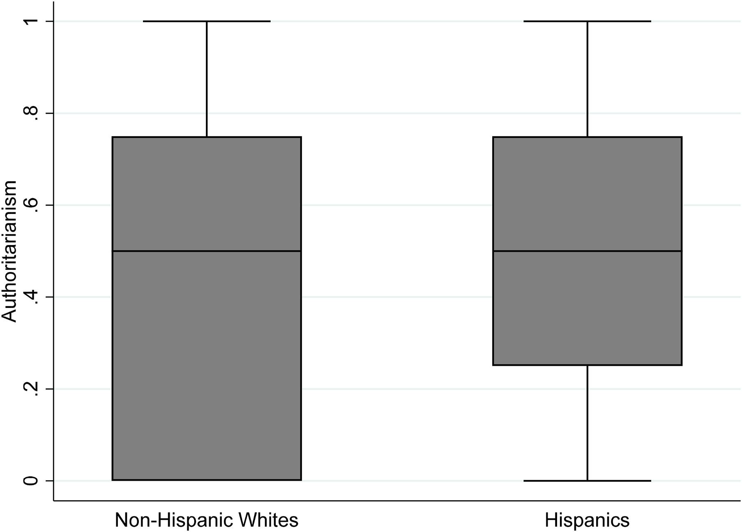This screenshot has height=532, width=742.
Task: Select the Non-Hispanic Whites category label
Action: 206,520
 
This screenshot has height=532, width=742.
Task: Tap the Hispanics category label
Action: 587,520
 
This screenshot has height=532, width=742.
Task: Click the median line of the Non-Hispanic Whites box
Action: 207,251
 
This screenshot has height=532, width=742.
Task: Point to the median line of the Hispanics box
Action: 587,251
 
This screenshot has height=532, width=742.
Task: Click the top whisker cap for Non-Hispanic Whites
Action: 207,21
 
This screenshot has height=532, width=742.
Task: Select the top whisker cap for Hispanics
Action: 587,21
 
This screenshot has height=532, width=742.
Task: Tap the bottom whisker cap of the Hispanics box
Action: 587,480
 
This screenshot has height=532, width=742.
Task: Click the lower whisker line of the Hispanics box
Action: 587,423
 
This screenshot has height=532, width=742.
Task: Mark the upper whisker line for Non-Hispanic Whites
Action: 207,78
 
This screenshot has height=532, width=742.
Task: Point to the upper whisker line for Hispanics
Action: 587,78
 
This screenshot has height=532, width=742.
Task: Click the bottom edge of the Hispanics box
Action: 587,365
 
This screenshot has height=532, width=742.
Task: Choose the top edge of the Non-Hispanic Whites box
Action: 207,137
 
